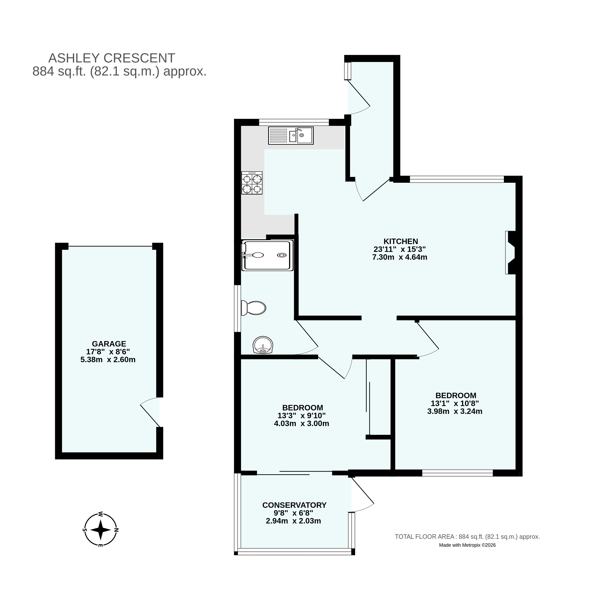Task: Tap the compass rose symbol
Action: point(100,530)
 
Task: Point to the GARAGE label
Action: point(109,344)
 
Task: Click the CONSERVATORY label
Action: point(294,505)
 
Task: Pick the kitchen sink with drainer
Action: point(291,136)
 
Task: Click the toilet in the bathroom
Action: point(253,308)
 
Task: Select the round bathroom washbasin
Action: point(263,345)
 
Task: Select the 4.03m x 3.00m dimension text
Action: point(301,423)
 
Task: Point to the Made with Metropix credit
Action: point(467,545)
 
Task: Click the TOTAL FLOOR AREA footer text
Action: point(467,536)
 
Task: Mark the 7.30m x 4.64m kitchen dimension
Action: point(400,257)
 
